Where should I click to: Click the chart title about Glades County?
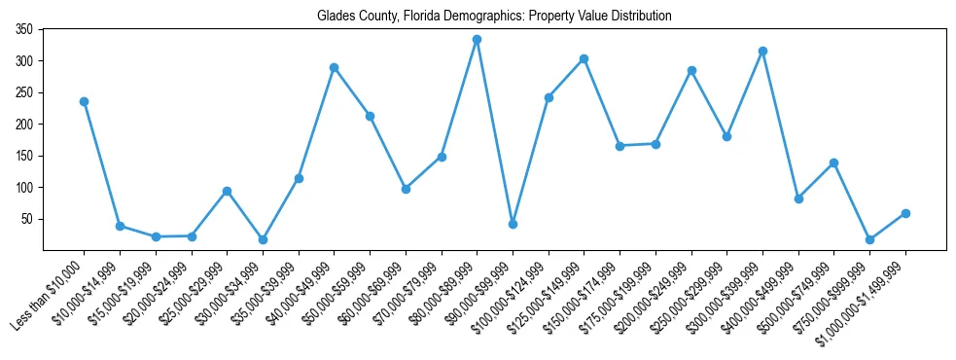pyautogui.click(x=494, y=17)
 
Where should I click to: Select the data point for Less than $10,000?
pyautogui.click(x=84, y=101)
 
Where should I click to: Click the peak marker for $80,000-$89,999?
pyautogui.click(x=477, y=40)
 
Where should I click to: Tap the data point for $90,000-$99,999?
pyautogui.click(x=513, y=224)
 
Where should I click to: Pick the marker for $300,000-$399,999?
pyautogui.click(x=762, y=51)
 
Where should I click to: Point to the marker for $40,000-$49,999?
pyautogui.click(x=334, y=67)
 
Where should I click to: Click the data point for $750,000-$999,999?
pyautogui.click(x=869, y=239)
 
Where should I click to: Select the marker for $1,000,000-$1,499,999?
pyautogui.click(x=905, y=213)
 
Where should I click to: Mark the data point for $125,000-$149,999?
pyautogui.click(x=584, y=58)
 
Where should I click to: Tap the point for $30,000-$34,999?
pyautogui.click(x=263, y=239)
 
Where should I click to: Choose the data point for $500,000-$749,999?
pyautogui.click(x=833, y=162)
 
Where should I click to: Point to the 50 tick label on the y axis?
pyautogui.click(x=28, y=219)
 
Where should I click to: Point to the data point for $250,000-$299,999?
pyautogui.click(x=726, y=136)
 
